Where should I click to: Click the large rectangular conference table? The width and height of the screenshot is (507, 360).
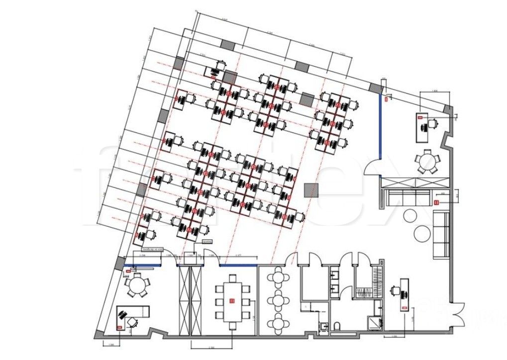[x=231, y=301]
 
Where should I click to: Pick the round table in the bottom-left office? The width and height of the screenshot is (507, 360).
[x=137, y=285]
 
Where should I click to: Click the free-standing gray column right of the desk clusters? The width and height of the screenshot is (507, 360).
[x=311, y=190]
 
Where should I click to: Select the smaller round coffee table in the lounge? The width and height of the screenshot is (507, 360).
[x=411, y=216]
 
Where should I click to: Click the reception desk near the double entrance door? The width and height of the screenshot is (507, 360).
[x=405, y=294]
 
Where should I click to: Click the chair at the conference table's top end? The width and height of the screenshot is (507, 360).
[x=231, y=276]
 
